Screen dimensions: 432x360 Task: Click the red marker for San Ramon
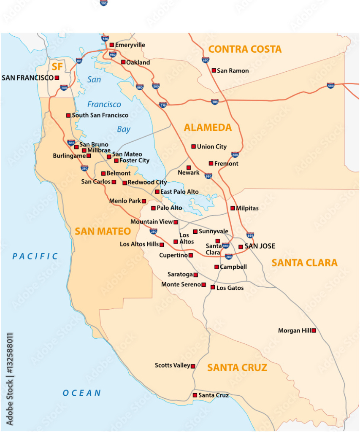(214, 70)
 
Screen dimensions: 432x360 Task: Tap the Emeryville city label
(130, 45)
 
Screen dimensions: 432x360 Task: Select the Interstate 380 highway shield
(71, 143)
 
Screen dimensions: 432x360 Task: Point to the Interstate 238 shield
(163, 105)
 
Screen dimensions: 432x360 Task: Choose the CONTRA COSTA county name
(245, 49)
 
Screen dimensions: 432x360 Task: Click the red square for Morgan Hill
(314, 331)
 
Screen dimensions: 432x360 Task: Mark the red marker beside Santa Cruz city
(195, 395)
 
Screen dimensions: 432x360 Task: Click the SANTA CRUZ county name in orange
(237, 368)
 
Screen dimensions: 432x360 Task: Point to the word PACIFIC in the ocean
(35, 256)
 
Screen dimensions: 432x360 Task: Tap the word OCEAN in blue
(82, 393)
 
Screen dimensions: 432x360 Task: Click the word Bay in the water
(124, 130)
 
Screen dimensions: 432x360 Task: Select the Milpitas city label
(247, 208)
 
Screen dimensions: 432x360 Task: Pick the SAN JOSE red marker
(241, 247)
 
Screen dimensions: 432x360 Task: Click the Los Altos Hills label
(139, 244)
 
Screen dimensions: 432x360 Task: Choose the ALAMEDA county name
(208, 127)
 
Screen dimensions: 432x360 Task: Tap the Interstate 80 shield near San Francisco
(79, 61)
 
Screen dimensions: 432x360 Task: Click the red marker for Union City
(193, 146)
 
